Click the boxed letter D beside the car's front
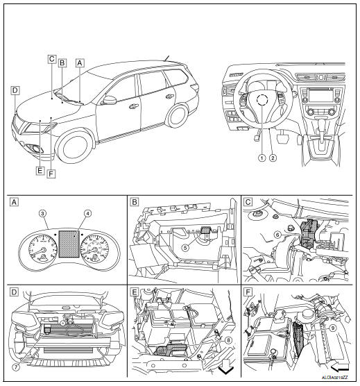pyautogui.click(x=15, y=90)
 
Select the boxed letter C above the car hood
pyautogui.click(x=52, y=59)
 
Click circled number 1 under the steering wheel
pyautogui.click(x=262, y=158)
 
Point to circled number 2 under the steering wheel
pyautogui.click(x=273, y=158)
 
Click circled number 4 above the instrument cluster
pyautogui.click(x=87, y=213)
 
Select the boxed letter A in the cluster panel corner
pyautogui.click(x=14, y=203)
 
